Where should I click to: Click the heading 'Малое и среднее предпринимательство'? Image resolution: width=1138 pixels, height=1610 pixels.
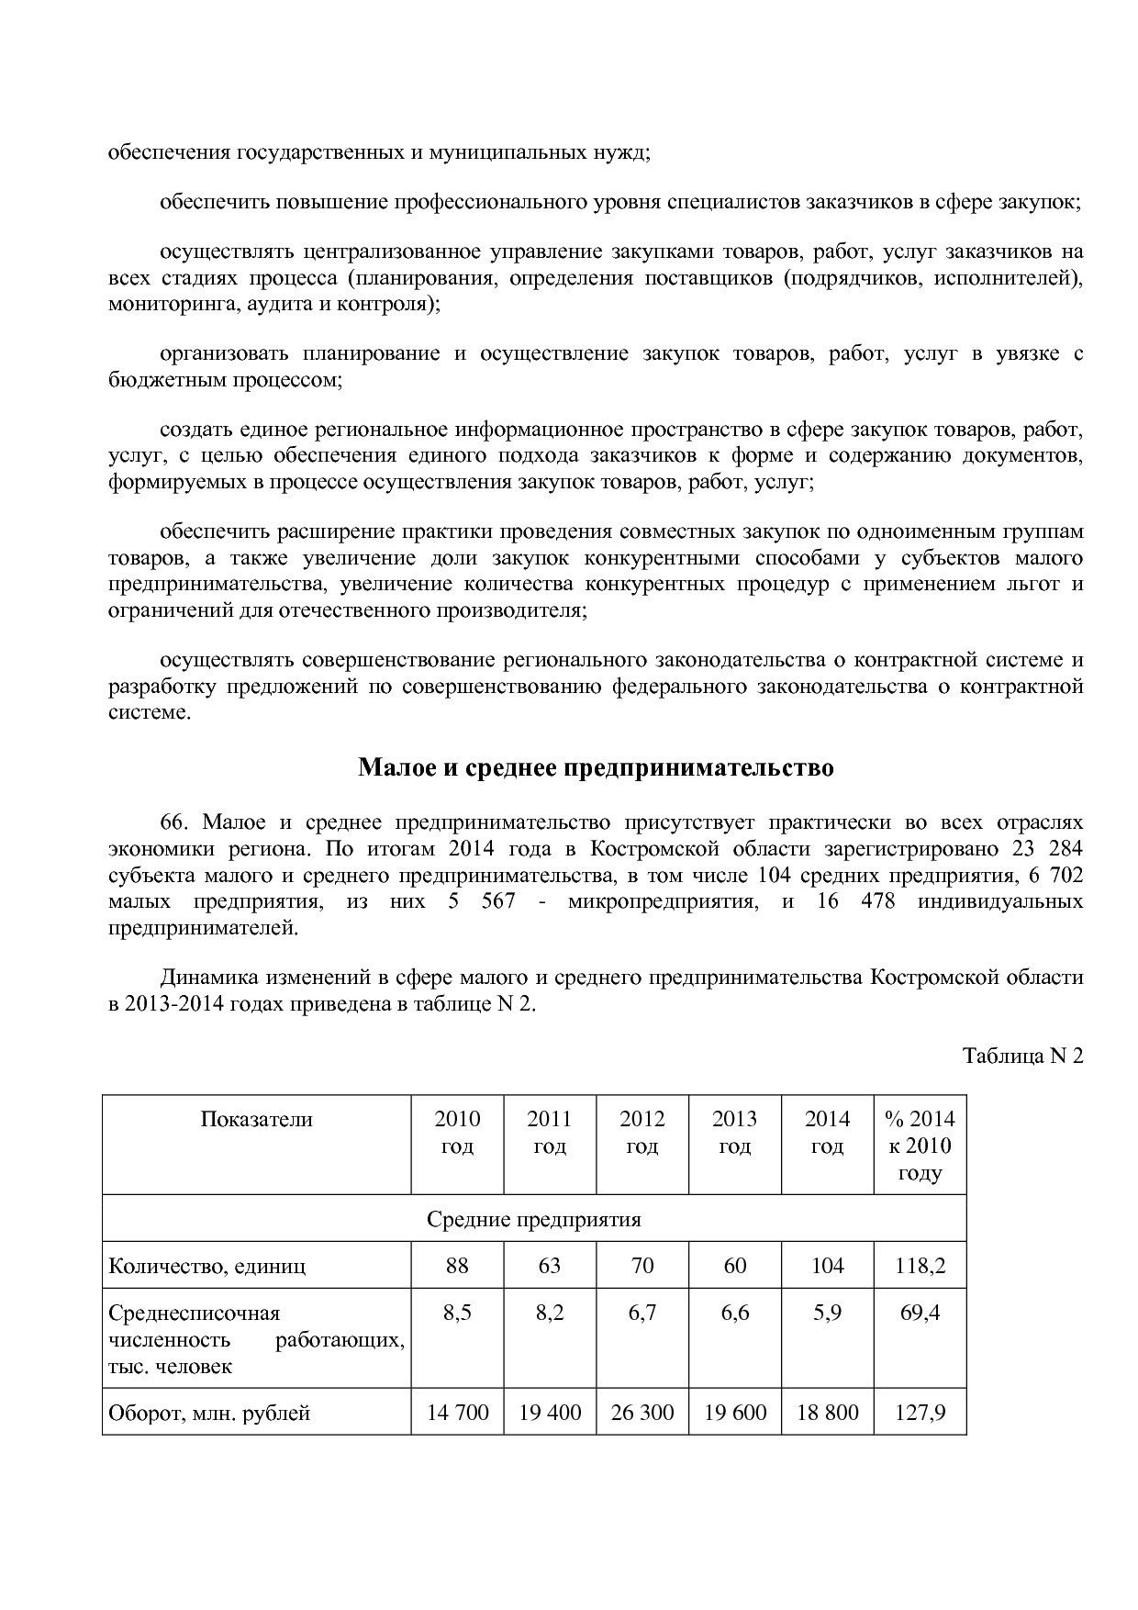[596, 767]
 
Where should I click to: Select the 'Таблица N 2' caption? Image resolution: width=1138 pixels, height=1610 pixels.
[1022, 1056]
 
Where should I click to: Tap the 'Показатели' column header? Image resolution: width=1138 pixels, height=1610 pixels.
[256, 1119]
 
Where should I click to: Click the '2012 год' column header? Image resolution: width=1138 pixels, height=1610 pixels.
[642, 1133]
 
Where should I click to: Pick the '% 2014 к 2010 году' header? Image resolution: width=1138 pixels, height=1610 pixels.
[920, 1146]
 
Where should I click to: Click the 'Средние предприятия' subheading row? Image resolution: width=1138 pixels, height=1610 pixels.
[533, 1220]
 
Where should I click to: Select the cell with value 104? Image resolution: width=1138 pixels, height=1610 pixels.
[827, 1266]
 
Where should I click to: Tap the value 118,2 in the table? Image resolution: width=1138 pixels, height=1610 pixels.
[920, 1266]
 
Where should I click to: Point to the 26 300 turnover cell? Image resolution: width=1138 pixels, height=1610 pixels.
[642, 1413]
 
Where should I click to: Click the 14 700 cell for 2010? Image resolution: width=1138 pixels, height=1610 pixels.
[457, 1413]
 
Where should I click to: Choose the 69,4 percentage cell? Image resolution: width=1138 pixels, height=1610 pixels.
[920, 1313]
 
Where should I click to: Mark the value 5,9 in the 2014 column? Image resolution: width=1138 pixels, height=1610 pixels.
[827, 1313]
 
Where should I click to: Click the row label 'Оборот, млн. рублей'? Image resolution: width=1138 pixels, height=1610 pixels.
[209, 1413]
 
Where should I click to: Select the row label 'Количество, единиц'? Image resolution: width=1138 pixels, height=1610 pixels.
[206, 1266]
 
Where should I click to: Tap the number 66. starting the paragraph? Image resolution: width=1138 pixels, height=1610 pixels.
[174, 822]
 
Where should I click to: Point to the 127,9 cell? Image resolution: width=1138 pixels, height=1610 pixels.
[920, 1413]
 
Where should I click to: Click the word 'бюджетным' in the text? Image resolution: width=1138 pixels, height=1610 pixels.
[162, 379]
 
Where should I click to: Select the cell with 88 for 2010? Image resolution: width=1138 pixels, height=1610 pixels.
[457, 1266]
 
